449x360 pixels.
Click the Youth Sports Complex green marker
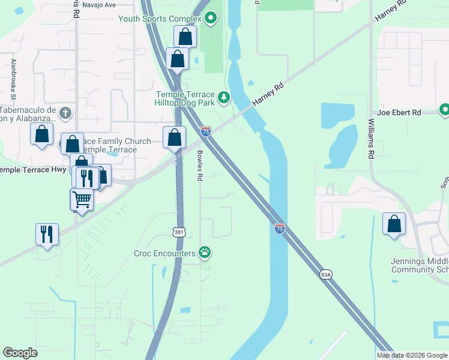[x=210, y=19]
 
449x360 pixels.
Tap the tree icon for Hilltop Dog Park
[x=224, y=97]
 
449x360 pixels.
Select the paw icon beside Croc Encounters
[x=205, y=253]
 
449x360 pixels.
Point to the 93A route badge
[x=325, y=275]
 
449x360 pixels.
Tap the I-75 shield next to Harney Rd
[x=206, y=131]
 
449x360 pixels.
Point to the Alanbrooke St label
[x=13, y=79]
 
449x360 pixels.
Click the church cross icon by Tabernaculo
[x=65, y=113]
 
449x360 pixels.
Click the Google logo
[x=20, y=353]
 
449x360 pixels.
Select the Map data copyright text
[x=412, y=355]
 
